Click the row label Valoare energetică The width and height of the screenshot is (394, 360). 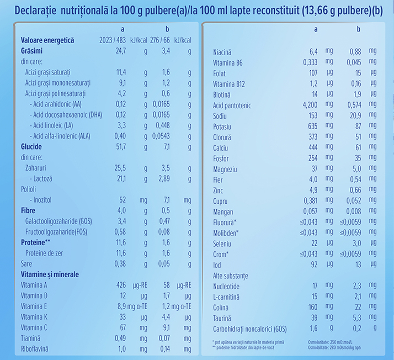coord(47,40)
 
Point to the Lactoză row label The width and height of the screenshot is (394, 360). coord(44,178)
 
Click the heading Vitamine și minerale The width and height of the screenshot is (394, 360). coord(50,274)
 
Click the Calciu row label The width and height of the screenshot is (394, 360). coord(222,147)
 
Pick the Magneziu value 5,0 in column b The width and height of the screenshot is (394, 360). coord(356,168)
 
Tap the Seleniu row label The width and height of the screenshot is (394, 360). coord(223,242)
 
